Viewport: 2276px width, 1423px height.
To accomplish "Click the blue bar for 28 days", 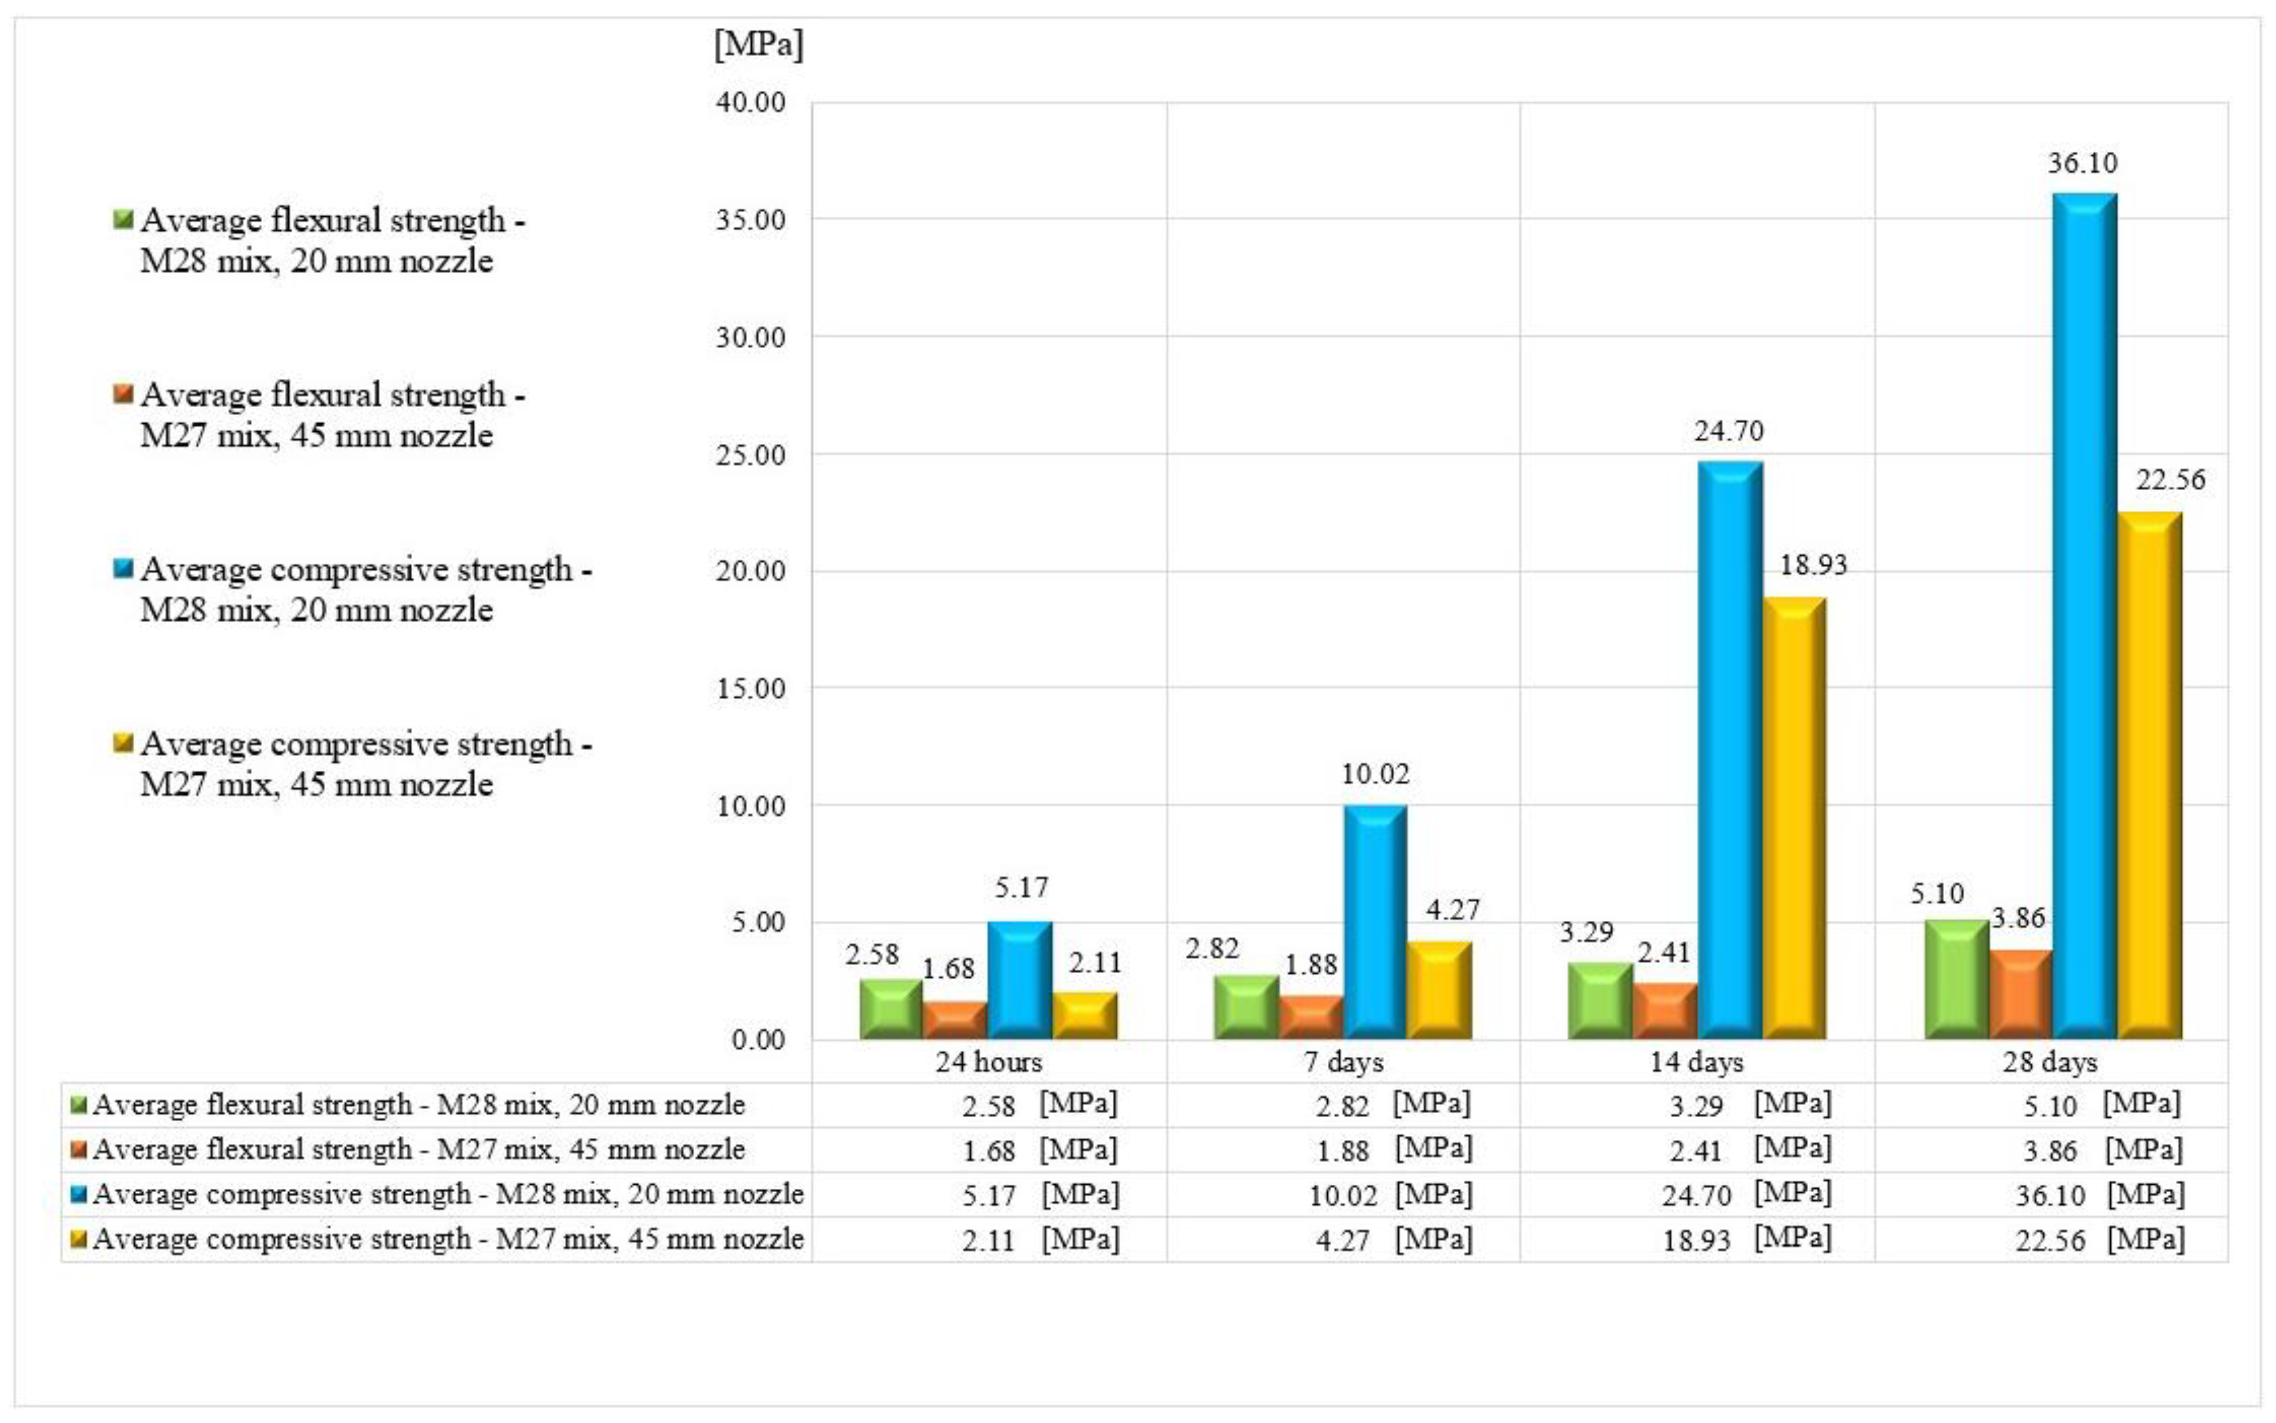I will pos(2084,616).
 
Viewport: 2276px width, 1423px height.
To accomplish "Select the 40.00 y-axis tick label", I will pos(750,102).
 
